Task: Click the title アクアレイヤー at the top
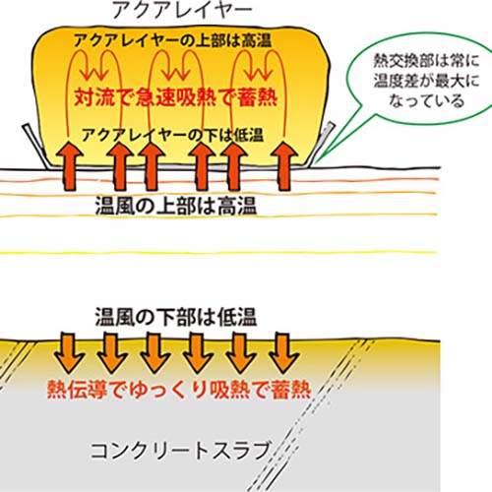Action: tap(182, 10)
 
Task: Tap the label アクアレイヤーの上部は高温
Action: tap(173, 40)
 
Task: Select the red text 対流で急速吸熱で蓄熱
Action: tap(176, 97)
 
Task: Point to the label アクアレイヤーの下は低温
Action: tap(173, 135)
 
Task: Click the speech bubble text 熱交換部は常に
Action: tap(426, 61)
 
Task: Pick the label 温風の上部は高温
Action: tap(176, 206)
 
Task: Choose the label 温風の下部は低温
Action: tap(176, 317)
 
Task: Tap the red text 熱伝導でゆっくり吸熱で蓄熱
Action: tap(179, 390)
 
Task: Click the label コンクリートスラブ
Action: tap(180, 451)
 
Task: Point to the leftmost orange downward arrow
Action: tap(69, 353)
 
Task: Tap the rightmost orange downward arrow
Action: tap(283, 353)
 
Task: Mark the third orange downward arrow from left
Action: tap(155, 353)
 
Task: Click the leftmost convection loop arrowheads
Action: tap(96, 72)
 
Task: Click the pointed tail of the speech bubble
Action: tap(316, 162)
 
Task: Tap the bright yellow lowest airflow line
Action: tap(218, 253)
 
